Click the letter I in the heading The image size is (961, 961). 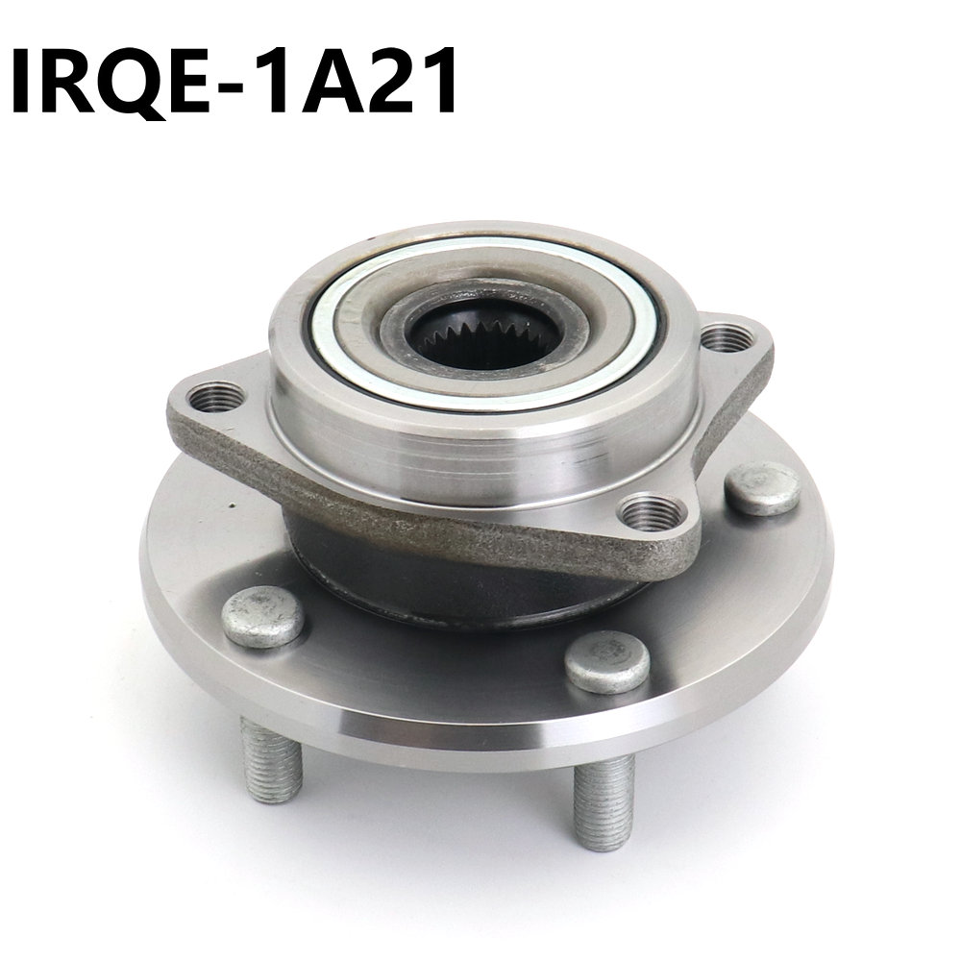(24, 82)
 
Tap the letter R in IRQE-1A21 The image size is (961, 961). (74, 82)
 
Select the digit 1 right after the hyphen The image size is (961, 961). (286, 82)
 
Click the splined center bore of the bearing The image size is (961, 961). (483, 337)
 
